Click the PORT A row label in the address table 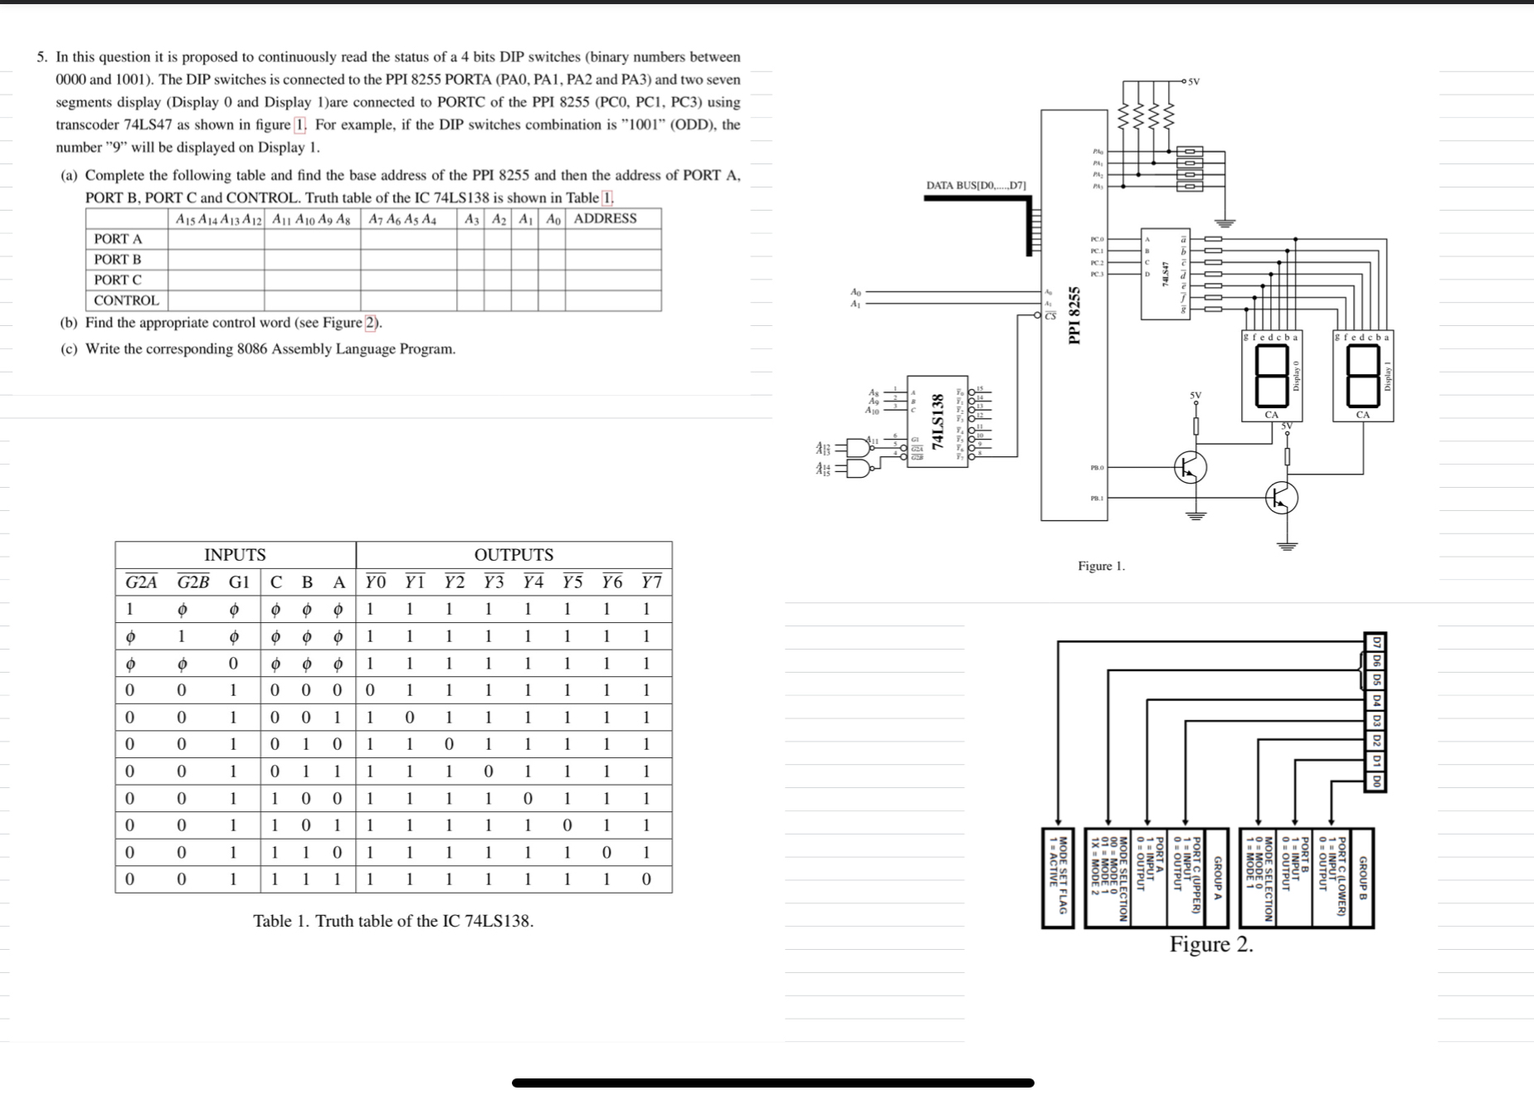[118, 239]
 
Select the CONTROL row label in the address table [126, 300]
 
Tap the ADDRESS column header [606, 218]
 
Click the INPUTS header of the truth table [235, 554]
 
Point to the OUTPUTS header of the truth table [514, 554]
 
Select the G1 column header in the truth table [239, 582]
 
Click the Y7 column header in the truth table [651, 582]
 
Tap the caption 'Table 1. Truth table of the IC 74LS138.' [393, 921]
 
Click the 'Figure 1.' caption [1101, 566]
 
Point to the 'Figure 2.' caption [1211, 944]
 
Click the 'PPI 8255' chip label [1074, 314]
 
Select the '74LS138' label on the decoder [938, 421]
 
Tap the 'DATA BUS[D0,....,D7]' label [976, 185]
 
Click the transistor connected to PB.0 [1191, 468]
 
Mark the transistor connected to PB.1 [1282, 498]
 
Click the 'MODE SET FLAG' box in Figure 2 [1058, 878]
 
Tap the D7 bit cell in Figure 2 [1376, 642]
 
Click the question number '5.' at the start [41, 57]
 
